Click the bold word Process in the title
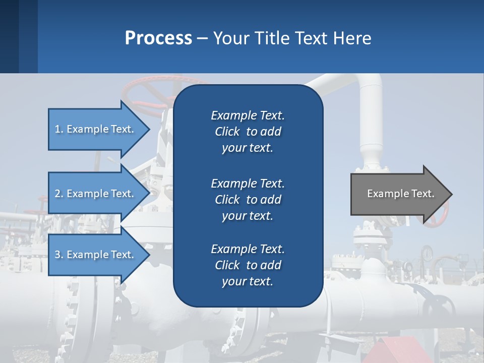pos(158,38)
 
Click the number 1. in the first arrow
pos(58,129)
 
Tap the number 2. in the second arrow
pos(58,194)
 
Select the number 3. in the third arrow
pos(58,255)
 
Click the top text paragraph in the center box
pos(248,132)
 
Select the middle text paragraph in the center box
pos(248,200)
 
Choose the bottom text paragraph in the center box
pos(248,265)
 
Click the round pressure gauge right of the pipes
pos(428,253)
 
